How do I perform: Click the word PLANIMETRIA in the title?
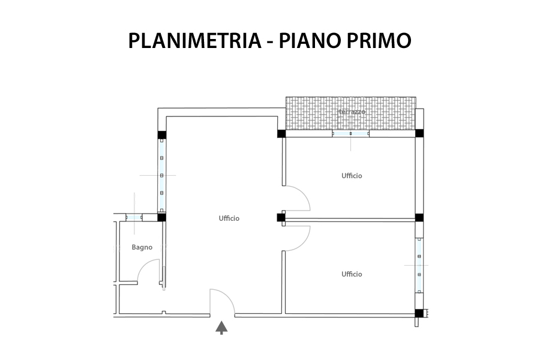(195, 41)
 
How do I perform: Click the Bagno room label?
(142, 247)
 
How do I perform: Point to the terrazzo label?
(351, 112)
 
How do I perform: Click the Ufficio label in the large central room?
(229, 218)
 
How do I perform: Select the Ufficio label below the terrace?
(352, 176)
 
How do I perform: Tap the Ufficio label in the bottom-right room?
(352, 274)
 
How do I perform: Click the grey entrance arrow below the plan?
(221, 328)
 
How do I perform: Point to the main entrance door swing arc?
(227, 296)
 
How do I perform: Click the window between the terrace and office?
(350, 133)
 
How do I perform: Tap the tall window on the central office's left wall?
(161, 175)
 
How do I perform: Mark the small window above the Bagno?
(134, 217)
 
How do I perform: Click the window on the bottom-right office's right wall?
(419, 265)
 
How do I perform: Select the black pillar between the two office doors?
(281, 218)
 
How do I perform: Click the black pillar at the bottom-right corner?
(419, 313)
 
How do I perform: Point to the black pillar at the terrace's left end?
(281, 133)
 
